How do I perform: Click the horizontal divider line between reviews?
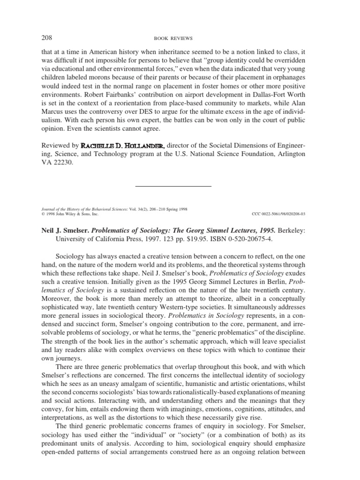point(173,186)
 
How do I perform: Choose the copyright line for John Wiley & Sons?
point(67,213)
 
